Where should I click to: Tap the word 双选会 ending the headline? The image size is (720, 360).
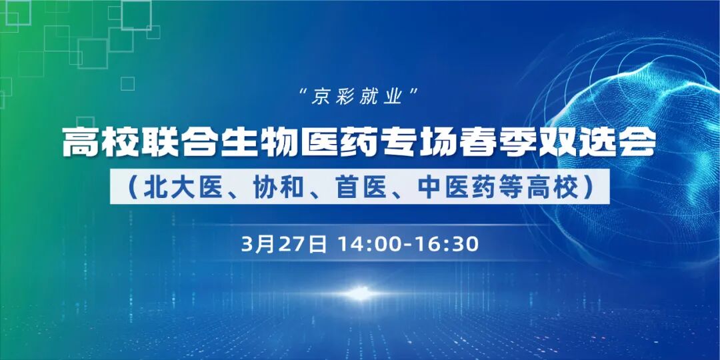[x=612, y=143]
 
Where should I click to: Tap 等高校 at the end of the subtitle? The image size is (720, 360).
[x=541, y=187]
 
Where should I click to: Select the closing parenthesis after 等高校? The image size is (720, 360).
[x=588, y=187]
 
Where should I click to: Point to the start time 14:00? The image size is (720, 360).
[x=369, y=244]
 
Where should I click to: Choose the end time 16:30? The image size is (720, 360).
[x=447, y=244]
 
